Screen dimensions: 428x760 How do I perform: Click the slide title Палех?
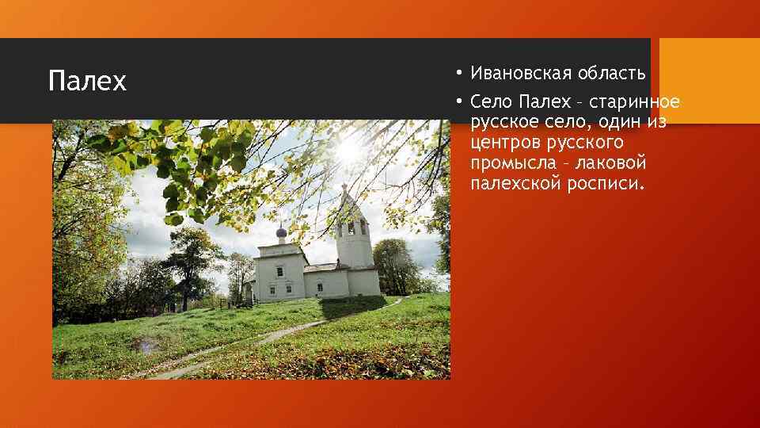tap(87, 82)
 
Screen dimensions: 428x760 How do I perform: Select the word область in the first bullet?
tap(611, 74)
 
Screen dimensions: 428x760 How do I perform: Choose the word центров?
tap(503, 143)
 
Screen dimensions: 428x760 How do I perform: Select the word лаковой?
tap(613, 164)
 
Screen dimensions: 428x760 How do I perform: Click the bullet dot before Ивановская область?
tap(458, 75)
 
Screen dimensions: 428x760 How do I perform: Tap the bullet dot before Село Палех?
tap(458, 103)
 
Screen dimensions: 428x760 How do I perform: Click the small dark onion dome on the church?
tap(280, 231)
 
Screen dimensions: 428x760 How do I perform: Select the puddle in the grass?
tap(146, 344)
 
